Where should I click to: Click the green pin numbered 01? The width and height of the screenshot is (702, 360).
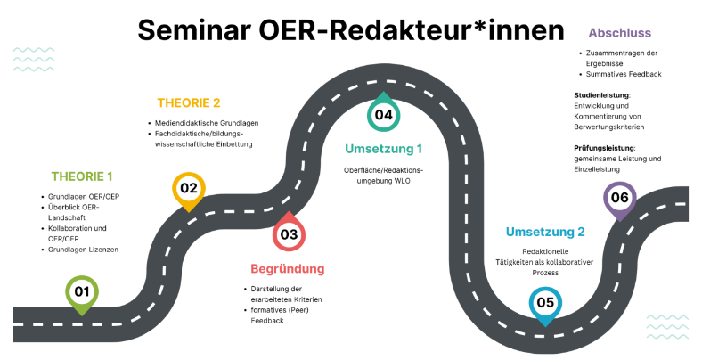(81, 290)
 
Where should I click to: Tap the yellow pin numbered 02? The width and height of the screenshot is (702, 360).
(188, 188)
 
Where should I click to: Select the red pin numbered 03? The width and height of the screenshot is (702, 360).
(289, 235)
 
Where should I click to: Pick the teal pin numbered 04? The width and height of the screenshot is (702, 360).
(383, 114)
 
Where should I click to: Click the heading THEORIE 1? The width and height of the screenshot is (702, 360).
(82, 176)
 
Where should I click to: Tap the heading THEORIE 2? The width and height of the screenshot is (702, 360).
(189, 102)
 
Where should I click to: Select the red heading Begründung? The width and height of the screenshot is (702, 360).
(287, 268)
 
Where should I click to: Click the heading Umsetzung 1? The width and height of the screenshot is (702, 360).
(383, 148)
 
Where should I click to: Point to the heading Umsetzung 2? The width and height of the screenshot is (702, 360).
(545, 233)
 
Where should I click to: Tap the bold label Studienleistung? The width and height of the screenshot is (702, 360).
(603, 95)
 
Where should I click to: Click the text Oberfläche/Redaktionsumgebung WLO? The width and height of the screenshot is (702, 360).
(383, 175)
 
